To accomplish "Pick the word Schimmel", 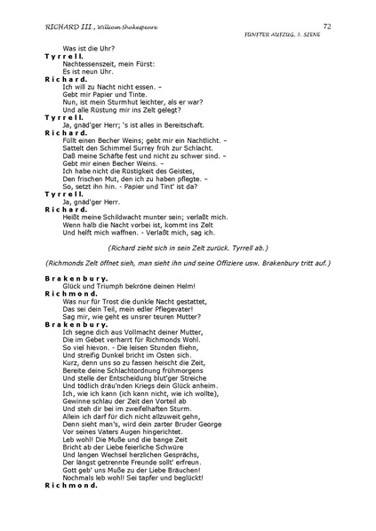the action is (x=116, y=148).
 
